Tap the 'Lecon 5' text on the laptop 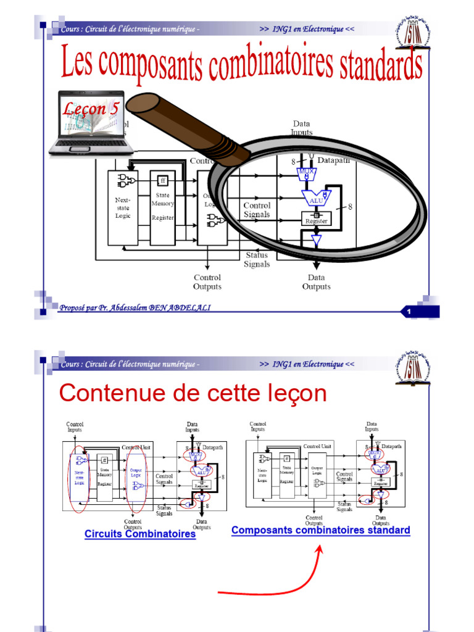[x=91, y=109]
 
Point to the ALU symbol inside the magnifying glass [x=316, y=199]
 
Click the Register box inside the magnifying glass [x=316, y=218]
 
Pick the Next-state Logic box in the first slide [x=123, y=207]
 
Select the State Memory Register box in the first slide [x=163, y=207]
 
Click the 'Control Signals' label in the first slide [x=257, y=210]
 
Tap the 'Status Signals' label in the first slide [x=257, y=259]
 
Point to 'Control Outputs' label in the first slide [x=207, y=282]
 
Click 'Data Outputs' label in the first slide [x=316, y=282]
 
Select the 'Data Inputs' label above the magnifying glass [x=302, y=128]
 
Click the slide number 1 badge [x=409, y=312]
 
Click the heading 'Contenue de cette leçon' [x=192, y=393]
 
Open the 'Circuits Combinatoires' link [x=140, y=534]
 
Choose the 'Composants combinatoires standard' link [x=320, y=530]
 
